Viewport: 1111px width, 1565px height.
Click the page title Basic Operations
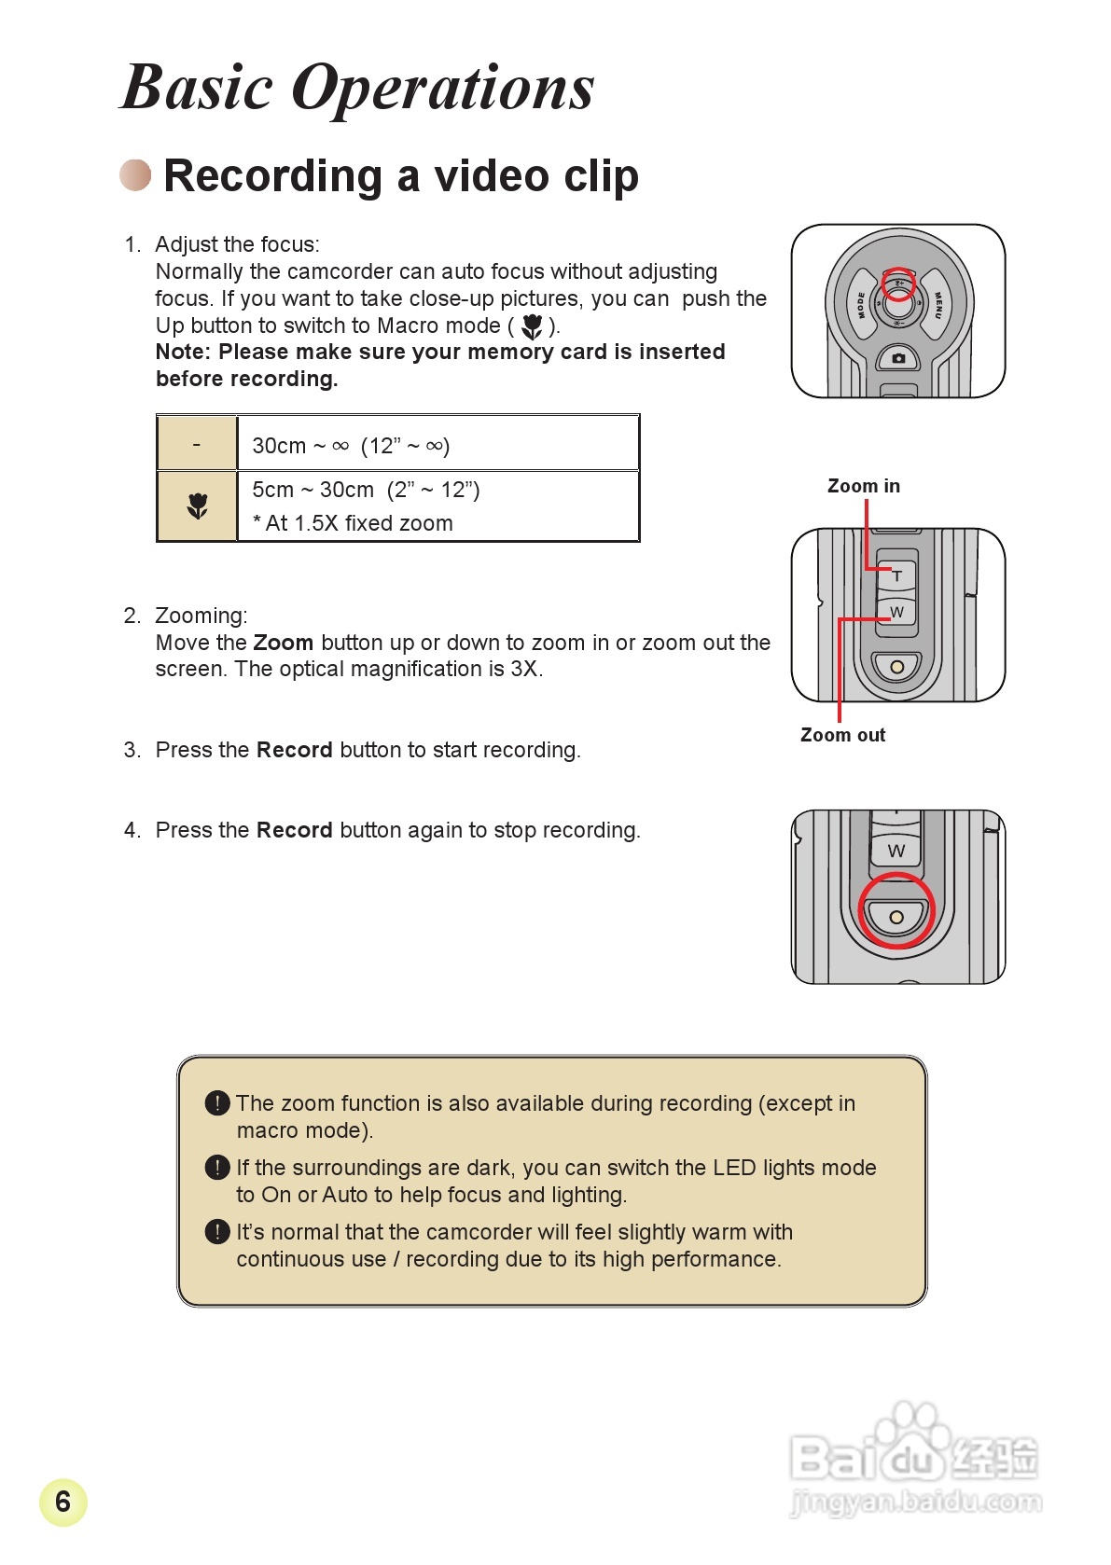click(357, 88)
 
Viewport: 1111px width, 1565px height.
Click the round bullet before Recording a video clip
click(135, 174)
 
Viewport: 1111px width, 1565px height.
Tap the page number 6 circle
click(62, 1502)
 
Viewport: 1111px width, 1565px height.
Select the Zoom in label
click(863, 486)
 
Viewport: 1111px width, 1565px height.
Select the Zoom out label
click(842, 735)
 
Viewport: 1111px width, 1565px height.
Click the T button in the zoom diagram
click(896, 575)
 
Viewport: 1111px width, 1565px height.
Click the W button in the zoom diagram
click(896, 612)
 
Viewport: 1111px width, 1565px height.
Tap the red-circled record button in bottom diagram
click(896, 916)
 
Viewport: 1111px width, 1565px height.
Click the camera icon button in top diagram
click(898, 358)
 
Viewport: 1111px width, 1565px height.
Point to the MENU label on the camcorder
click(937, 304)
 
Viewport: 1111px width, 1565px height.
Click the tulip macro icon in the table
click(197, 506)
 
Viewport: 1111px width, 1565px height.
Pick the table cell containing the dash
click(197, 445)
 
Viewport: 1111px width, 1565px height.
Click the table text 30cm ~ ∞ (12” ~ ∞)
click(351, 446)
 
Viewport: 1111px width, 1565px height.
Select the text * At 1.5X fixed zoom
click(353, 523)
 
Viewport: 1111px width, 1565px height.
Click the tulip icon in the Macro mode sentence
click(532, 326)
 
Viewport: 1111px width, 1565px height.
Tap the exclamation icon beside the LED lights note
click(216, 1167)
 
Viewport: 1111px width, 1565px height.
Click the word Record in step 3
click(294, 750)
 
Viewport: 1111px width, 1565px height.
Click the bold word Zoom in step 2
click(283, 643)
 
